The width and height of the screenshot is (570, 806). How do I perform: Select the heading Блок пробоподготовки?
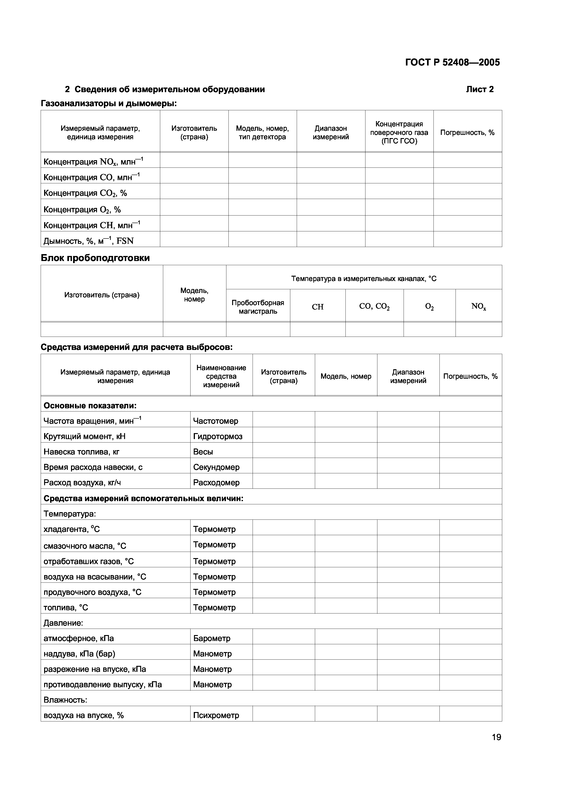(95, 258)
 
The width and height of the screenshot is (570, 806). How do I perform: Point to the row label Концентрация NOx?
(93, 162)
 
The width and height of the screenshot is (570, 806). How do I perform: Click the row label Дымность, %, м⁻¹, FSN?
(88, 241)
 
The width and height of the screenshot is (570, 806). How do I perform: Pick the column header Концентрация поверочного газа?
(399, 132)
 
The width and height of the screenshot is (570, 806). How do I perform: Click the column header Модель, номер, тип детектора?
(262, 132)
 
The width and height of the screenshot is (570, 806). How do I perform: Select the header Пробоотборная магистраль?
(258, 307)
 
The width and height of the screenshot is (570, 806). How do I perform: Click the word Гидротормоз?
(218, 436)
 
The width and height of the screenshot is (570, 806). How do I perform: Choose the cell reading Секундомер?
(216, 467)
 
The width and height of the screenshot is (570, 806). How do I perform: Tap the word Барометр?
(212, 638)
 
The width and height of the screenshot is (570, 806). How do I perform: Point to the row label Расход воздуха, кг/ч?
(82, 483)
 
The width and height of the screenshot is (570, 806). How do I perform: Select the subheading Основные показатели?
(90, 406)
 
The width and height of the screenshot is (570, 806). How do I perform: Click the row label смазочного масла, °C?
(85, 546)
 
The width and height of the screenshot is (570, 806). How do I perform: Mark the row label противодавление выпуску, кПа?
(103, 684)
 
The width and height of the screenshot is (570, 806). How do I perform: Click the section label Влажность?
(65, 700)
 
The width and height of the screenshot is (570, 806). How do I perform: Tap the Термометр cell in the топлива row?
(214, 608)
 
